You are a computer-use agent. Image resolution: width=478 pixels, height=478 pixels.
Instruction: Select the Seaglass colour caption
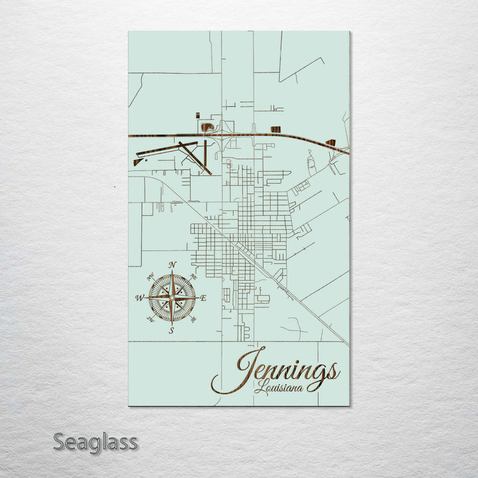tap(95, 441)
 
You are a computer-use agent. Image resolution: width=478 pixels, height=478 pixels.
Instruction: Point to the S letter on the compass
tap(171, 330)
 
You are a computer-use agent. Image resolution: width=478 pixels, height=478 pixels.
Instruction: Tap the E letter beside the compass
tap(203, 299)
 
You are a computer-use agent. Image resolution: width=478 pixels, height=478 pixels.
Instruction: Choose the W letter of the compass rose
tap(139, 298)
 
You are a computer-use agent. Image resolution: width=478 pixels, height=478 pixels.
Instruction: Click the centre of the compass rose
tap(172, 298)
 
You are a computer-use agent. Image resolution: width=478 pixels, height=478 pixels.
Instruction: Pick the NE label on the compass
tap(193, 276)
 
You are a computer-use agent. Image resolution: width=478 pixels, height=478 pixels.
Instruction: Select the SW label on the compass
tap(150, 321)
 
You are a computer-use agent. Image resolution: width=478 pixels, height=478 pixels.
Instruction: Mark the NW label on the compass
tap(150, 276)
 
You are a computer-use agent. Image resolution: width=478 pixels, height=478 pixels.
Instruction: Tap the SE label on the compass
tap(193, 321)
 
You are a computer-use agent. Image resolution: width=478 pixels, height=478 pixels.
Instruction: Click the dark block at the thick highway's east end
tap(330, 142)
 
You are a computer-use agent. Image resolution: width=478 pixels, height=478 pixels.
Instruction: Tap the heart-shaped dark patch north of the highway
tap(208, 124)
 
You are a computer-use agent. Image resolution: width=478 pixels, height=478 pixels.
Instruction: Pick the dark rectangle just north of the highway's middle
tap(276, 129)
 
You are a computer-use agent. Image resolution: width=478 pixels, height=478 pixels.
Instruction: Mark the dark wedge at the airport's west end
tap(138, 161)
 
